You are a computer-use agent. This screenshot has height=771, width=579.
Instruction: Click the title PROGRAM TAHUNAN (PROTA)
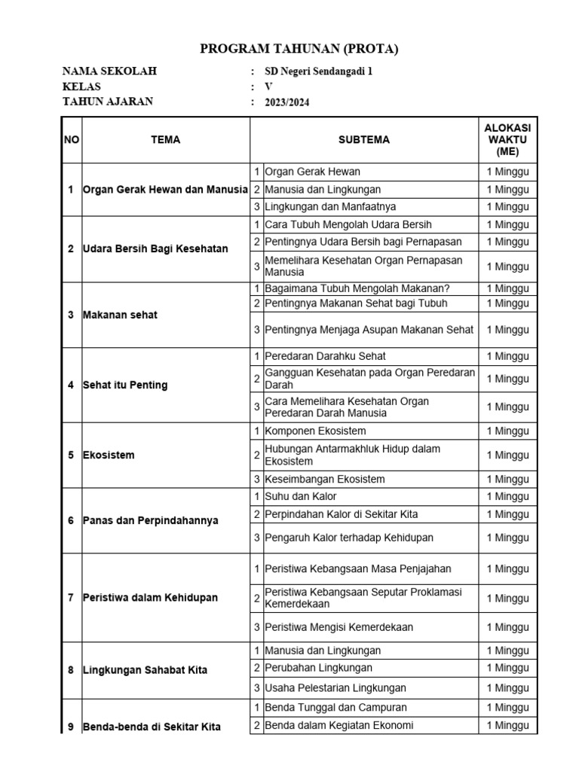point(299,50)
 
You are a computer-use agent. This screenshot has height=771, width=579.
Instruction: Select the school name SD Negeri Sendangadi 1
point(319,72)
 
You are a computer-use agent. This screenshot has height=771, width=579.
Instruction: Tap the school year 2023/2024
point(287,103)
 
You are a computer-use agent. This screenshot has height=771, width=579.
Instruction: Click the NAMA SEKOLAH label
point(109,72)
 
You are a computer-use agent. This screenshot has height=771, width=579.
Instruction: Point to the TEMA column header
point(165,140)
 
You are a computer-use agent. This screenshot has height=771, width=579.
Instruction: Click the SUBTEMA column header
point(364,140)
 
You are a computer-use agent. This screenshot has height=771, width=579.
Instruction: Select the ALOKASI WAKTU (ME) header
point(507,140)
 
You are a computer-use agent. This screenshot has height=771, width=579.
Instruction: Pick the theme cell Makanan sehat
point(121,315)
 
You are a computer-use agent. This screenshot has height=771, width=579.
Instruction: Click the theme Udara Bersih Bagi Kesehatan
point(155,249)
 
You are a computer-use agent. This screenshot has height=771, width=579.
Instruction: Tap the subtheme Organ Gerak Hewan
point(313,172)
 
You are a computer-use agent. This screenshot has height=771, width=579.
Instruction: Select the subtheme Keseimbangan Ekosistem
point(325,480)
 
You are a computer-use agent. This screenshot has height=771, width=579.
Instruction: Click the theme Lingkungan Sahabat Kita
point(145,670)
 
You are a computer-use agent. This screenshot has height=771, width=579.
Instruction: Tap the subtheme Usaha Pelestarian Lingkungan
point(335,688)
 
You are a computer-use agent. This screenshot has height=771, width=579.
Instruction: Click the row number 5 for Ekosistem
point(70,456)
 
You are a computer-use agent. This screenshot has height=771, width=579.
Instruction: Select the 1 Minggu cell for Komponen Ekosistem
point(507,431)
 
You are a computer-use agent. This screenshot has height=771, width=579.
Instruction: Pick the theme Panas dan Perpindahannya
point(151,521)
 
